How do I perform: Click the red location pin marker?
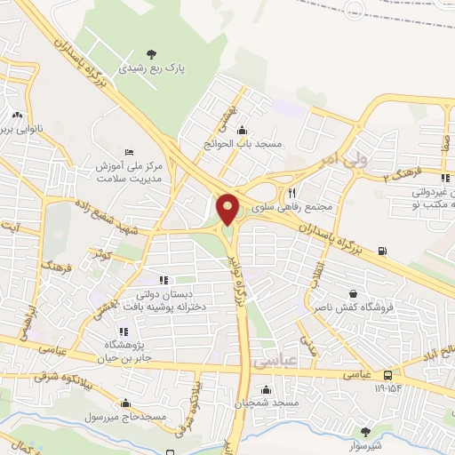pos(228,208)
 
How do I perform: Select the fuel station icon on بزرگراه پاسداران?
pos(383,251)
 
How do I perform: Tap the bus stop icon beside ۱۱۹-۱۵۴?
pos(388,375)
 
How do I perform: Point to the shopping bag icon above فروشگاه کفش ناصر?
pos(354,294)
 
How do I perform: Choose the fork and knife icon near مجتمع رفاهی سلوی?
pos(291,192)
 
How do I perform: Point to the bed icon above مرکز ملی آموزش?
pos(130,152)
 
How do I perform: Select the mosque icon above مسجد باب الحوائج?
pos(242,131)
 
